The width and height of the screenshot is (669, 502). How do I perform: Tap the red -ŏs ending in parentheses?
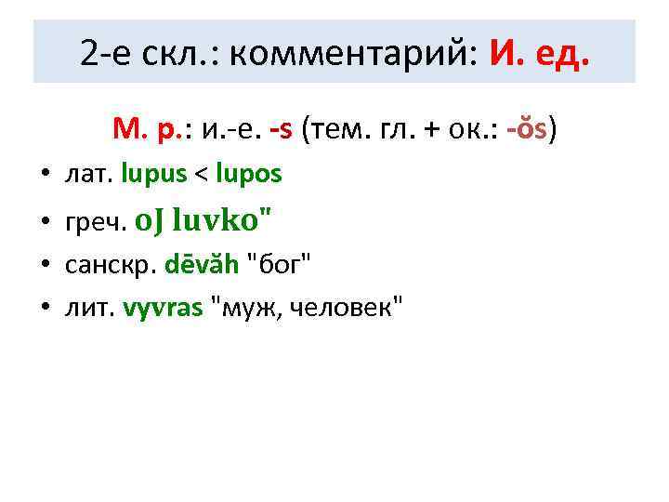click(528, 128)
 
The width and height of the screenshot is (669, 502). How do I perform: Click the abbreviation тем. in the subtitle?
click(330, 128)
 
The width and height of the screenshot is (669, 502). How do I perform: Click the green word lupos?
click(248, 174)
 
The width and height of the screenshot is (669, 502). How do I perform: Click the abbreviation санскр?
click(111, 266)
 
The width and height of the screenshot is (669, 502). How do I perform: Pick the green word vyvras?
click(163, 308)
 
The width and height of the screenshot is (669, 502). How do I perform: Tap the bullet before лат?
click(45, 175)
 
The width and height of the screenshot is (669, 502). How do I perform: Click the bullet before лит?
click(45, 309)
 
